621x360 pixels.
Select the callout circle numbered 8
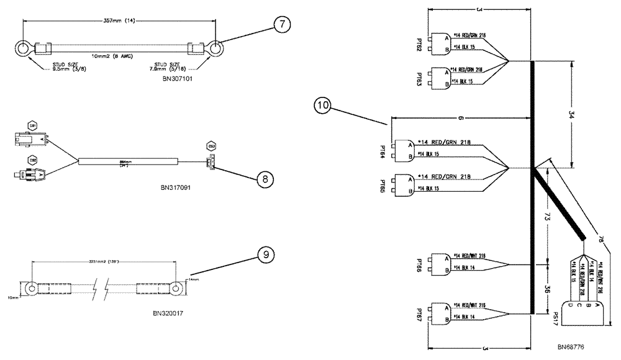coord(265,178)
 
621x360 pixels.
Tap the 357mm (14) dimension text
coord(120,20)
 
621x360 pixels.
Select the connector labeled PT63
coord(442,77)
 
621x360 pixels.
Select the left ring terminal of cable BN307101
coord(23,48)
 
